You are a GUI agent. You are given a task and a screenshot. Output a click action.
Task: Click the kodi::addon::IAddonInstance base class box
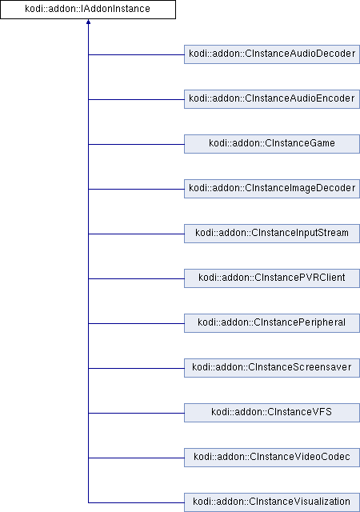pyautogui.click(x=88, y=10)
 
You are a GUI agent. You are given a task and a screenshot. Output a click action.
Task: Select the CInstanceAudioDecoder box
pyautogui.click(x=272, y=54)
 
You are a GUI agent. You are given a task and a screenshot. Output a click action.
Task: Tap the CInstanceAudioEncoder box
pyautogui.click(x=272, y=99)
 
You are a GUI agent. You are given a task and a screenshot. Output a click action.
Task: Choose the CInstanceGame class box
pyautogui.click(x=272, y=144)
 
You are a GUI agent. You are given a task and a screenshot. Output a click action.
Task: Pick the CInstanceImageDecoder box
pyautogui.click(x=272, y=189)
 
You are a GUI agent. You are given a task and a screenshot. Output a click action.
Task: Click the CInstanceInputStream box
pyautogui.click(x=272, y=233)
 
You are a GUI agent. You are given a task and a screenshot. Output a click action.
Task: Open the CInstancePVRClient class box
pyautogui.click(x=272, y=278)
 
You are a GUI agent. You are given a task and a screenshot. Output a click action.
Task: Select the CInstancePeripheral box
pyautogui.click(x=272, y=323)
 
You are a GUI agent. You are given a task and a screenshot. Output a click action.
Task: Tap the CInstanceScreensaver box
pyautogui.click(x=272, y=368)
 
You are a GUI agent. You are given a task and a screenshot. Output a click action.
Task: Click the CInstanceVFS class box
pyautogui.click(x=272, y=413)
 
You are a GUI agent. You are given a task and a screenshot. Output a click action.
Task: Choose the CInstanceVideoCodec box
pyautogui.click(x=272, y=457)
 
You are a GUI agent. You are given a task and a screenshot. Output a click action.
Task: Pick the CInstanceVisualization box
pyautogui.click(x=272, y=502)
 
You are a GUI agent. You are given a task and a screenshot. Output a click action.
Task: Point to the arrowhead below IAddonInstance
pyautogui.click(x=88, y=22)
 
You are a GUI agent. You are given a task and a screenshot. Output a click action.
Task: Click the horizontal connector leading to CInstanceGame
pyautogui.click(x=136, y=144)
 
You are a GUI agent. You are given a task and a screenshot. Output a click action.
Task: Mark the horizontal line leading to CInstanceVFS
pyautogui.click(x=136, y=413)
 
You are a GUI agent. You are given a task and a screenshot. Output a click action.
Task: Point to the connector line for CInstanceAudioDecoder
pyautogui.click(x=136, y=54)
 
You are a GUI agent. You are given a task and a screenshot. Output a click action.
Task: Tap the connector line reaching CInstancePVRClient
pyautogui.click(x=136, y=278)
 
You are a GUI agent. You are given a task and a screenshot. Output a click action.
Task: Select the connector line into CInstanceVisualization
pyautogui.click(x=136, y=502)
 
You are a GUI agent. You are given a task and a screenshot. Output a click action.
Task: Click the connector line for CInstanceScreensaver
pyautogui.click(x=136, y=368)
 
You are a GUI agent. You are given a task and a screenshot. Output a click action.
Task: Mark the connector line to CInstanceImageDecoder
pyautogui.click(x=136, y=189)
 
